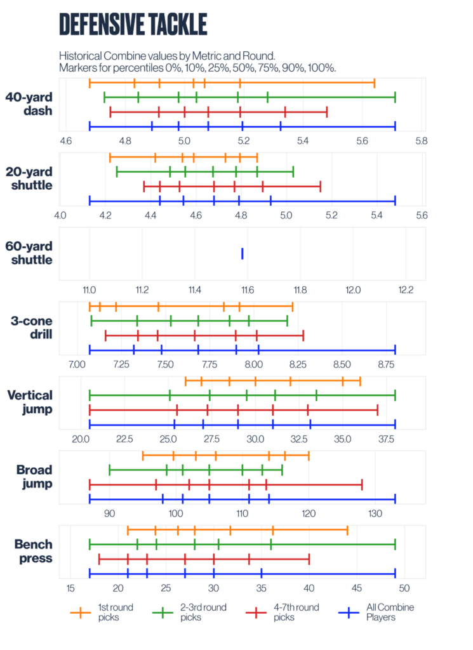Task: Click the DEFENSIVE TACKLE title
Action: click(x=133, y=23)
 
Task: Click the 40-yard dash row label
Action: click(x=29, y=104)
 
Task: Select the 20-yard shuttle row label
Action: click(x=29, y=178)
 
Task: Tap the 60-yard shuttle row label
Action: click(x=29, y=253)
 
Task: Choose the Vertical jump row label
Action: click(x=30, y=402)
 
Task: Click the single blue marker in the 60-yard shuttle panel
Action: click(x=243, y=254)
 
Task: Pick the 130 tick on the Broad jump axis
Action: click(x=375, y=513)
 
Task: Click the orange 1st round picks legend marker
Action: click(x=80, y=612)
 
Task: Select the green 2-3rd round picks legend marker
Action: click(x=163, y=612)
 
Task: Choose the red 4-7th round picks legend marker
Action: click(x=256, y=612)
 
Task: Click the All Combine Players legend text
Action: click(x=390, y=612)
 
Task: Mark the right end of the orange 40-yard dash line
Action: click(x=375, y=83)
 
